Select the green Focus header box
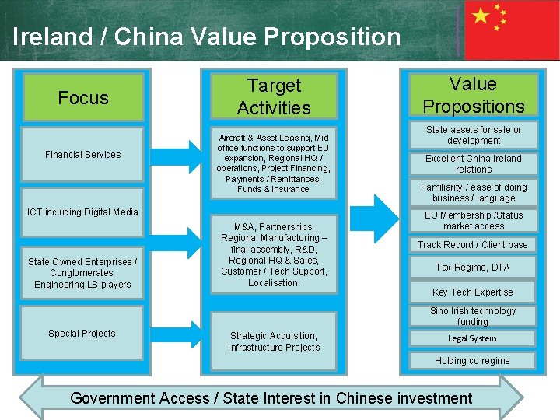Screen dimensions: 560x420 pyautogui.click(x=83, y=98)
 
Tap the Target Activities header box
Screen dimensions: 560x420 pyautogui.click(x=274, y=96)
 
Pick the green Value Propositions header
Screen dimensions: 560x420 pyautogui.click(x=473, y=95)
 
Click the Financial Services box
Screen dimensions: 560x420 pyautogui.click(x=83, y=155)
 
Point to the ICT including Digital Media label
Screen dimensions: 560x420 pyautogui.click(x=82, y=212)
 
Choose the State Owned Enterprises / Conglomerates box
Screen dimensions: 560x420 pyautogui.click(x=82, y=273)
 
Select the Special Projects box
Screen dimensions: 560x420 pyautogui.click(x=82, y=333)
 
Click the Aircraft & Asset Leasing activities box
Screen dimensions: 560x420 pyautogui.click(x=273, y=163)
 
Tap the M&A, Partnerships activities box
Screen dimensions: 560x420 pyautogui.click(x=274, y=254)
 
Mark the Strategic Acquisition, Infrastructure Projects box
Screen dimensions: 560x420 pyautogui.click(x=274, y=341)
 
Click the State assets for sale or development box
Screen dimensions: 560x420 pyautogui.click(x=474, y=135)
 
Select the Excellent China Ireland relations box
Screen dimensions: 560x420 pyautogui.click(x=474, y=163)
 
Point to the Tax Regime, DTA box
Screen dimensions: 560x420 pyautogui.click(x=473, y=268)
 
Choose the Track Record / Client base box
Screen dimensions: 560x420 pyautogui.click(x=473, y=244)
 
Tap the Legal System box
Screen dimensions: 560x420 pyautogui.click(x=472, y=338)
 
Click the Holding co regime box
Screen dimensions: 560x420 pyautogui.click(x=472, y=360)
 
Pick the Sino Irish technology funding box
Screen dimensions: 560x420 pyautogui.click(x=473, y=316)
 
